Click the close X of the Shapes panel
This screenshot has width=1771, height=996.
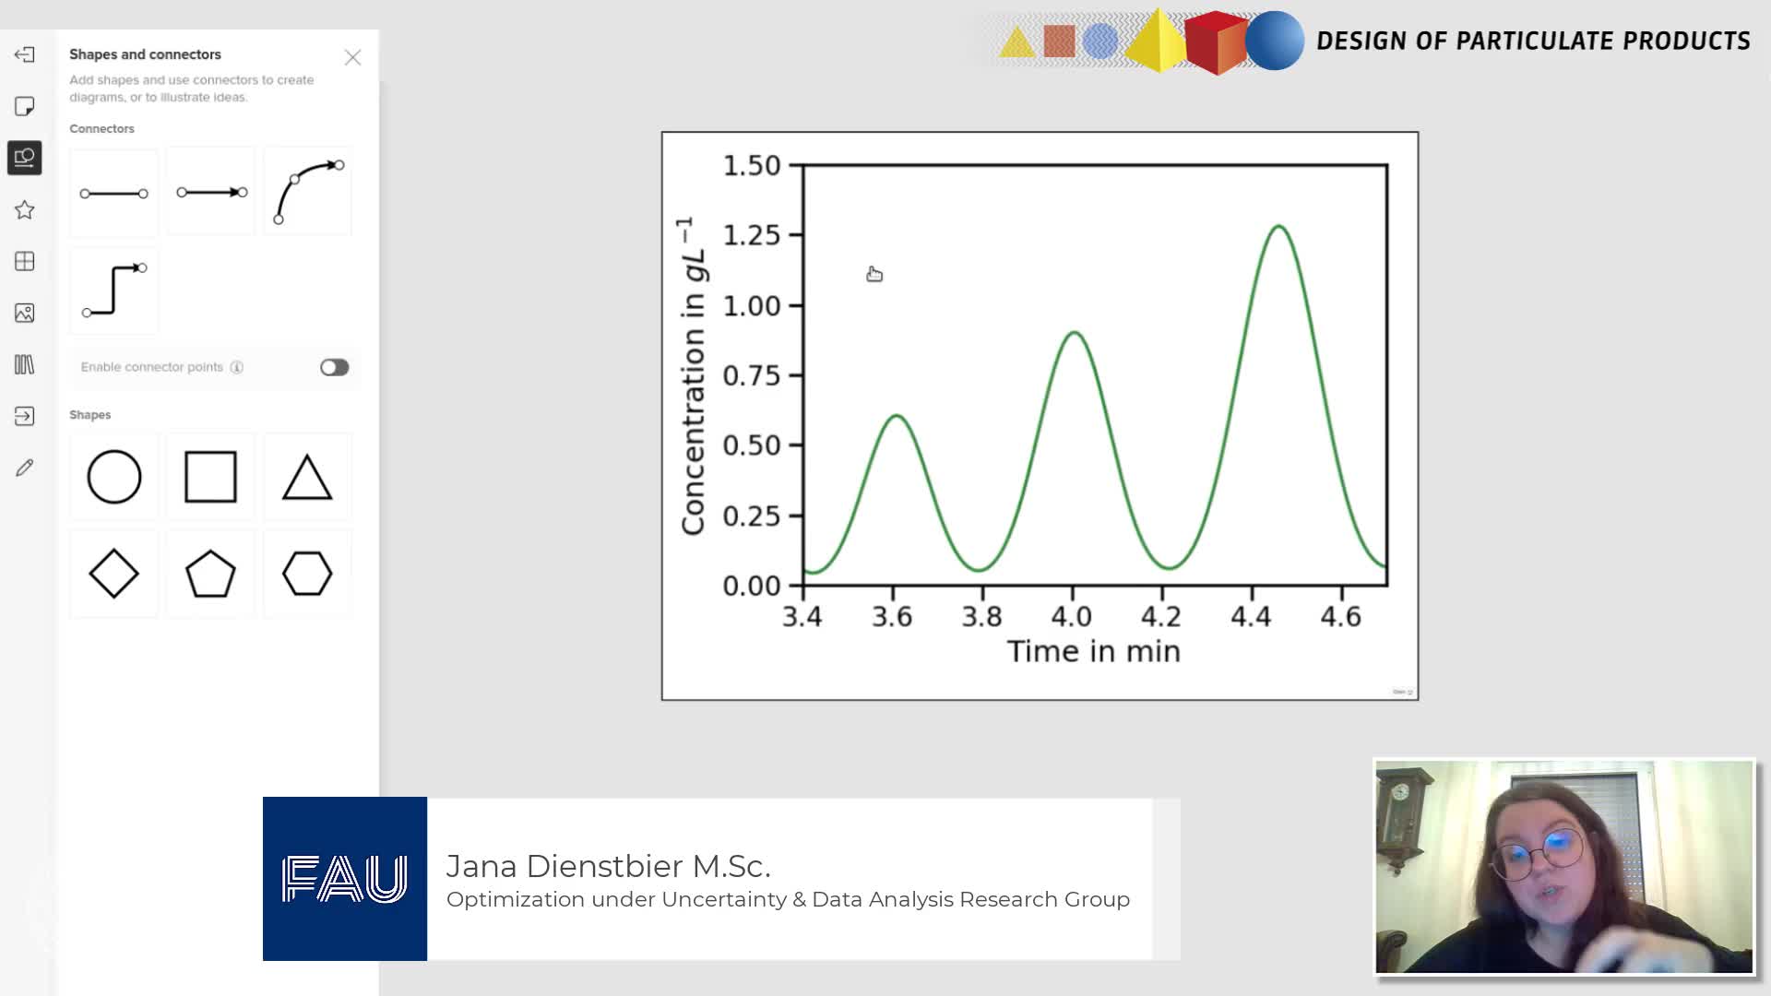tap(352, 57)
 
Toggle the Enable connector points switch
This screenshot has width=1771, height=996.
tap(335, 367)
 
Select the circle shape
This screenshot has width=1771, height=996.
tap(114, 477)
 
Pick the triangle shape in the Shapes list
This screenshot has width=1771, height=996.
tap(307, 477)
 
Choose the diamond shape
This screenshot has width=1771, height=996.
tap(114, 574)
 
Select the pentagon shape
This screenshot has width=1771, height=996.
tap(210, 574)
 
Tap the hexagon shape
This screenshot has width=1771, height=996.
tap(307, 574)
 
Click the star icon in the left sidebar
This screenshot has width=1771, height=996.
tap(25, 210)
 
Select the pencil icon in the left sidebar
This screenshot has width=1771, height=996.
tap(25, 468)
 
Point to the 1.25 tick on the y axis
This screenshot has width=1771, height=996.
tap(796, 235)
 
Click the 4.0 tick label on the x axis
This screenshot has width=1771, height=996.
tap(1072, 616)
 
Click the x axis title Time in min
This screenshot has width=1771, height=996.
tap(1094, 651)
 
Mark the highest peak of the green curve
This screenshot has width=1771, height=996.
tap(1278, 226)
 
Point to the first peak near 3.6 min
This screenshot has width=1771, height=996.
tap(897, 416)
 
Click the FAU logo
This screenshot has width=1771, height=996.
tap(345, 879)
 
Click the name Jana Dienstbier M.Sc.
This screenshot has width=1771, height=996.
tap(608, 866)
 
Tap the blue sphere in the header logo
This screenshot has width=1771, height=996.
tap(1275, 41)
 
